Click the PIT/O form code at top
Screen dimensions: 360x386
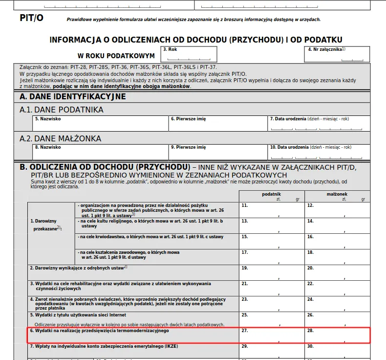pos(32,18)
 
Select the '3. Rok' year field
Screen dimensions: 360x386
pos(190,54)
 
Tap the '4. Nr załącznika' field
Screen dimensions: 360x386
pos(337,54)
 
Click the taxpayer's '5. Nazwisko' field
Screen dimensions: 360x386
pos(100,124)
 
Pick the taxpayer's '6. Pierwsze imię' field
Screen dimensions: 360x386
pos(218,124)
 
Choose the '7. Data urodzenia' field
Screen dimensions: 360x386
pos(319,124)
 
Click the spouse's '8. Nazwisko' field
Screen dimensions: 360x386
pos(100,152)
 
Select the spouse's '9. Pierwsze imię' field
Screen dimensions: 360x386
pos(218,152)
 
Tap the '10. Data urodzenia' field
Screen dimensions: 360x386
pos(319,152)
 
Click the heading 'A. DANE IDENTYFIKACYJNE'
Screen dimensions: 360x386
pos(73,97)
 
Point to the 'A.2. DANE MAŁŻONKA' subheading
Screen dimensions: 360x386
pos(61,138)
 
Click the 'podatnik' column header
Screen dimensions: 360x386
pos(271,194)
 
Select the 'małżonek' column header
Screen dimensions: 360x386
pos(337,194)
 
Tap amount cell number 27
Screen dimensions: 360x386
pos(271,335)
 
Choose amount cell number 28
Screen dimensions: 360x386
pos(337,335)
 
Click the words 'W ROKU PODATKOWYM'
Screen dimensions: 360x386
pos(116,56)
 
